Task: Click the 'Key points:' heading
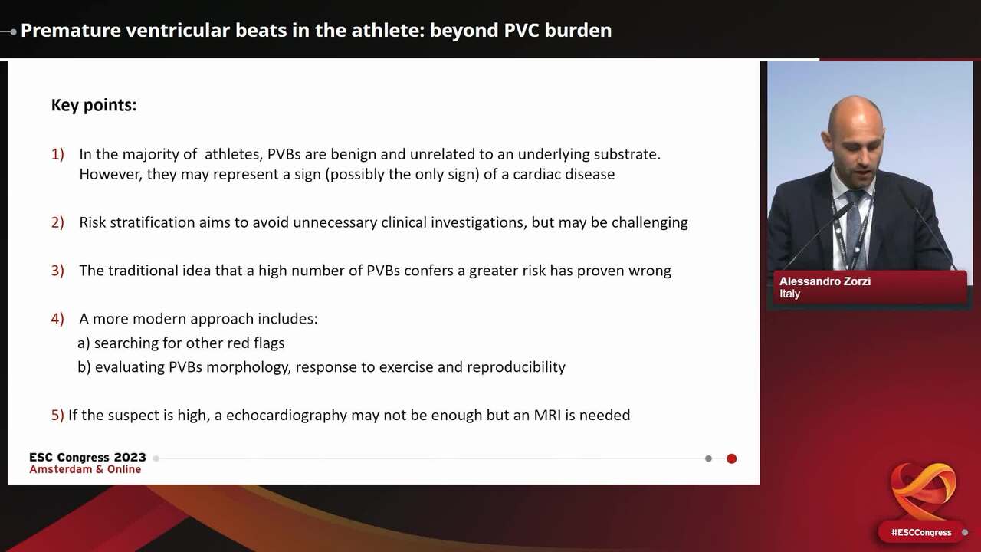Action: click(94, 105)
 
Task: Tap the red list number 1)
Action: click(57, 154)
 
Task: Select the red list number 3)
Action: click(57, 270)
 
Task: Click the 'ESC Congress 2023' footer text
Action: click(87, 457)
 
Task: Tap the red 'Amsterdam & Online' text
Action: click(85, 469)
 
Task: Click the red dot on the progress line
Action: click(731, 458)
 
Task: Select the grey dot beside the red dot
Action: click(708, 458)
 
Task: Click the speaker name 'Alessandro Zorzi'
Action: click(825, 281)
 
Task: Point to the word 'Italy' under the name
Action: click(789, 294)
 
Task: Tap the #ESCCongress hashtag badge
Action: click(920, 532)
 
